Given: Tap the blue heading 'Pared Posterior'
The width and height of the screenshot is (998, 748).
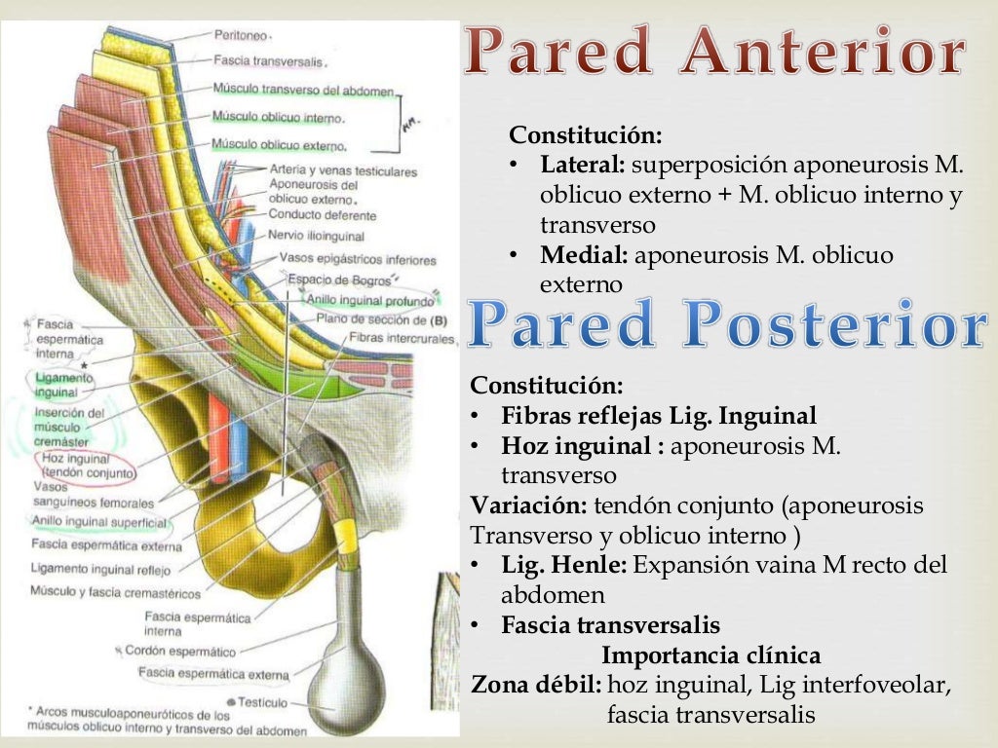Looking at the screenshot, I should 726,326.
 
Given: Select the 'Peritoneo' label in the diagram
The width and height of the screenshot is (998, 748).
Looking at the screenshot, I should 242,35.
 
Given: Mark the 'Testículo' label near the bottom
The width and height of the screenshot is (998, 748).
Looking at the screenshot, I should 262,701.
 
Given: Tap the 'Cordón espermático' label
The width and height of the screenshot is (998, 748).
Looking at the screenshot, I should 179,651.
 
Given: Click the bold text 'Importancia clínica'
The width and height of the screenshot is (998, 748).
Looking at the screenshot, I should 711,654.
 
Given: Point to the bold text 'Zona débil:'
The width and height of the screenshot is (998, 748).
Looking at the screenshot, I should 536,685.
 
